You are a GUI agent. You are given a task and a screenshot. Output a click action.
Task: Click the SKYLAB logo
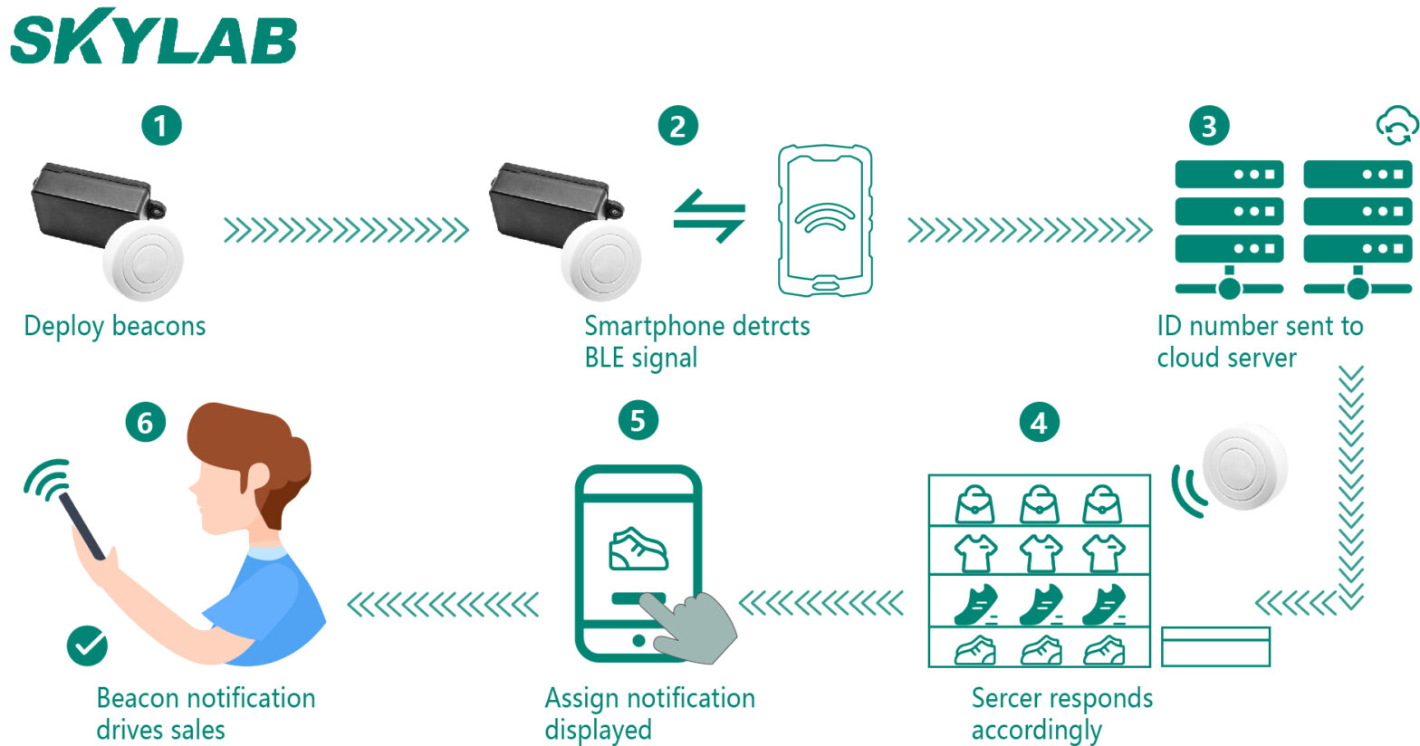[154, 38]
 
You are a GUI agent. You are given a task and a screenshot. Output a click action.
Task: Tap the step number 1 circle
[161, 125]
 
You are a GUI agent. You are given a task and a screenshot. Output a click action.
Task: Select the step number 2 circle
[677, 125]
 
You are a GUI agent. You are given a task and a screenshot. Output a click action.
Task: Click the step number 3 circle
[1208, 125]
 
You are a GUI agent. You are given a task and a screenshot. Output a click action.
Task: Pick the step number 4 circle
[1039, 422]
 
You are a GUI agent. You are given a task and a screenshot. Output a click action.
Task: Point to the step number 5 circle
[638, 420]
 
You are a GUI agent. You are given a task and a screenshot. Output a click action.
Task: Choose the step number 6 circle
[146, 422]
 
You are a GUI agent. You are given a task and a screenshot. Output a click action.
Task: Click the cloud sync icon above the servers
[1396, 125]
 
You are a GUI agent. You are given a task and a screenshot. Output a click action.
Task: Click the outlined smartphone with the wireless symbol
[824, 221]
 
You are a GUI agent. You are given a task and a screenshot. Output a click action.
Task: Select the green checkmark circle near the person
[87, 645]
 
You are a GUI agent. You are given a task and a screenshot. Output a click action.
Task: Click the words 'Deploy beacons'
[115, 326]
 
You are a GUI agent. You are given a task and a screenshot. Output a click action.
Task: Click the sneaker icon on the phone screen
[638, 549]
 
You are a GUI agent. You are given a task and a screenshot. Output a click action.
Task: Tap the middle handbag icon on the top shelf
[1039, 504]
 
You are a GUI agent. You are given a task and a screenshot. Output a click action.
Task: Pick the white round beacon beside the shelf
[1244, 467]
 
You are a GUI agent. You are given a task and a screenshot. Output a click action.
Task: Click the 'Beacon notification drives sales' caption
[206, 713]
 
